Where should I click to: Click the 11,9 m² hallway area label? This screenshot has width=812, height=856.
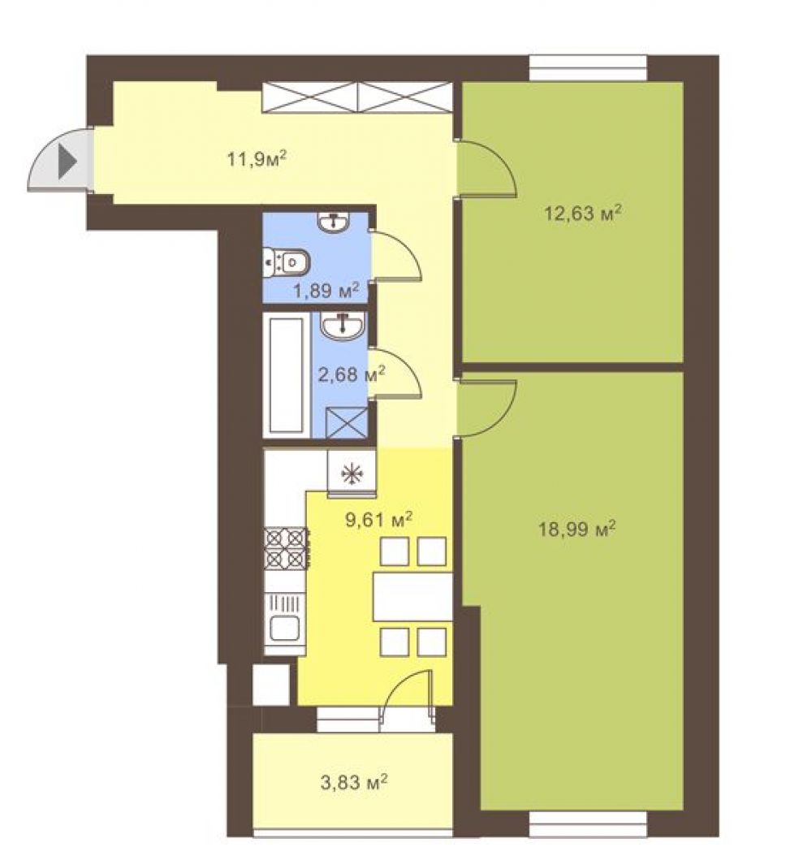[x=257, y=159]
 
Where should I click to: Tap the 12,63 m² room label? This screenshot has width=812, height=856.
[x=583, y=212]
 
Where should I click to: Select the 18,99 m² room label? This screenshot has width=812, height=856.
[x=577, y=529]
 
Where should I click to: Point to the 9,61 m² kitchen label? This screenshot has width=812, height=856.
[x=378, y=519]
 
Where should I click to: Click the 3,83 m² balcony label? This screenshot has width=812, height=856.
[x=354, y=783]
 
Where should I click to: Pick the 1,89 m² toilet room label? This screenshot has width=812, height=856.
[x=326, y=290]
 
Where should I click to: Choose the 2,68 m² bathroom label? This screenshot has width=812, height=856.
[x=352, y=374]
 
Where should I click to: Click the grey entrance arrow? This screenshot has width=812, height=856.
[x=67, y=162]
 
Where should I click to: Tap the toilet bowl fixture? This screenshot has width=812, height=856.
[x=286, y=262]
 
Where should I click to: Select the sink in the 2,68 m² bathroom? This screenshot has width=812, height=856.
[x=343, y=326]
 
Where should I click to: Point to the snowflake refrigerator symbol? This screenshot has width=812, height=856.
[x=352, y=473]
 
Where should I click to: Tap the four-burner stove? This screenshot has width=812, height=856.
[x=286, y=549]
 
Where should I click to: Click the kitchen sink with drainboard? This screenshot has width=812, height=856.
[x=285, y=624]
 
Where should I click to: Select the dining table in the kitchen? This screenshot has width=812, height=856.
[x=412, y=596]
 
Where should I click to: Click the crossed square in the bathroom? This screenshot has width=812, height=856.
[x=346, y=422]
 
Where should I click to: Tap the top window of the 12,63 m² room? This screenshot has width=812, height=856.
[x=588, y=68]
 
